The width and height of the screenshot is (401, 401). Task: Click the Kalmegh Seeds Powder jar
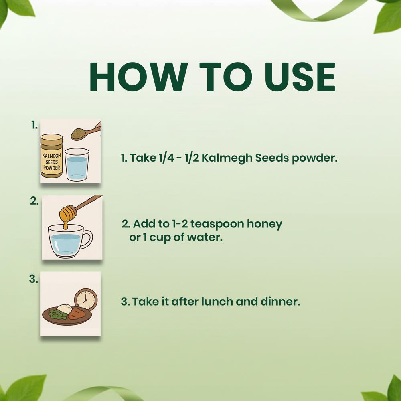(51, 156)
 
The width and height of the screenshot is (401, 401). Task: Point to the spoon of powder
(85, 132)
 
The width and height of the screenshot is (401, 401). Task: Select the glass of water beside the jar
(77, 165)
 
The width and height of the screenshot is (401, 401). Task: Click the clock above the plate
(86, 300)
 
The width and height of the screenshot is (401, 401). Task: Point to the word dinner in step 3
(280, 302)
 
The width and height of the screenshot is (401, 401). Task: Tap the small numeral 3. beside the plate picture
(34, 279)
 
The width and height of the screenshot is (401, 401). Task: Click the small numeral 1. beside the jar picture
(34, 125)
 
